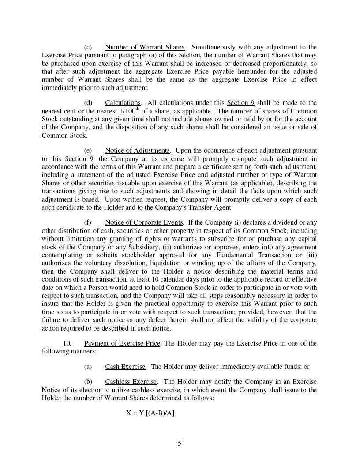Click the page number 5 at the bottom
179,443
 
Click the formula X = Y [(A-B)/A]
150,413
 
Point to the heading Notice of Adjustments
137,150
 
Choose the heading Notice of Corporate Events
144,222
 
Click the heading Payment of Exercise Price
122,343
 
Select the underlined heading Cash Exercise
125,367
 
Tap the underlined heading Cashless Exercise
131,382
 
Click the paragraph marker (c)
88,47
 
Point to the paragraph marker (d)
88,103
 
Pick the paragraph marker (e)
88,150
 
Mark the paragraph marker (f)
88,222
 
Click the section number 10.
67,343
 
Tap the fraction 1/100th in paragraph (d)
130,111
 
